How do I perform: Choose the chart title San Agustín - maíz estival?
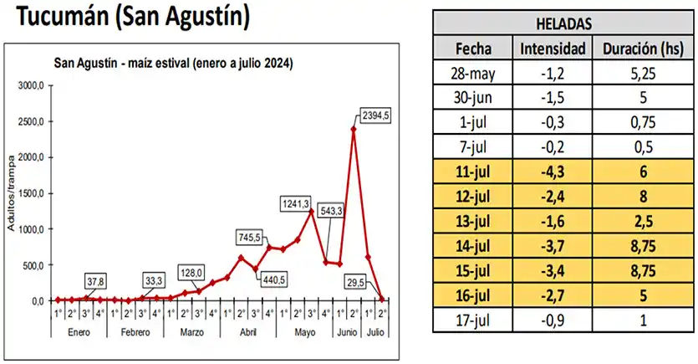click(172, 64)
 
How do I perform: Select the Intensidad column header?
click(553, 47)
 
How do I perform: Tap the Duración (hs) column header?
click(643, 47)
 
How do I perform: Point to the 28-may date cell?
click(474, 73)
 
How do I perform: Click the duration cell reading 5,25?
click(643, 73)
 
